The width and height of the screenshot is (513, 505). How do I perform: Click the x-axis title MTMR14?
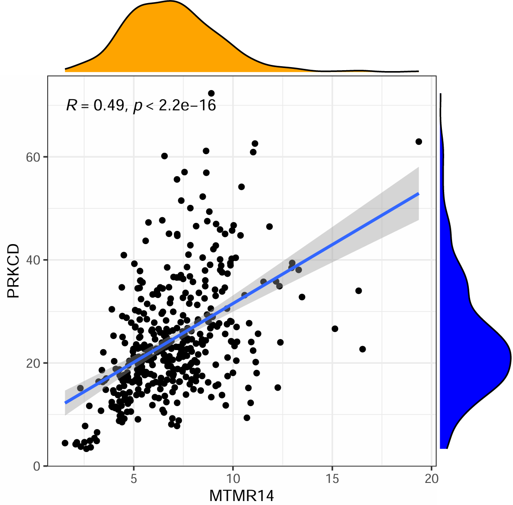[241, 496]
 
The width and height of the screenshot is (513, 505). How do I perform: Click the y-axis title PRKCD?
[13, 271]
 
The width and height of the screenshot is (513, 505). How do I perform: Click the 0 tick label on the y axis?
[37, 466]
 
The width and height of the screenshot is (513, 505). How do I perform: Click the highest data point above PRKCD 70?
[211, 93]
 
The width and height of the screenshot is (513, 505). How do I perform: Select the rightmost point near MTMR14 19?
[419, 142]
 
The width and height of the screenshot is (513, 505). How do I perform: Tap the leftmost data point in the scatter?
[65, 443]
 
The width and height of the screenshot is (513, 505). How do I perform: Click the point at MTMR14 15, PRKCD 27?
[335, 329]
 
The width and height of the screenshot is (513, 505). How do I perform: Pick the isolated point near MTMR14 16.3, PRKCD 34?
[358, 291]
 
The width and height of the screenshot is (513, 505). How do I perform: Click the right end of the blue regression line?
[418, 194]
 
